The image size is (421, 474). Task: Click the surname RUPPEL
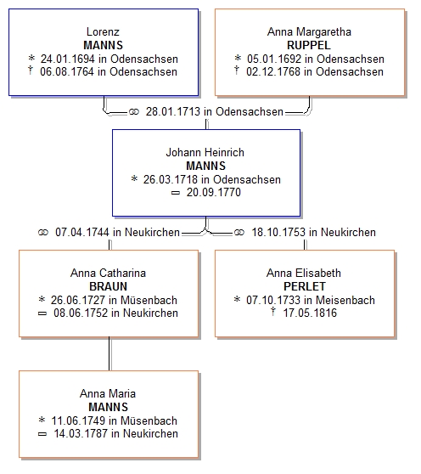click(x=309, y=45)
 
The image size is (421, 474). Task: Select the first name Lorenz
click(x=103, y=31)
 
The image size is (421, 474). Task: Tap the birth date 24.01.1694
click(x=68, y=59)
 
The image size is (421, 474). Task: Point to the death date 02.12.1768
click(x=273, y=71)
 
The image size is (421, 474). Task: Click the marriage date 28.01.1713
click(x=173, y=111)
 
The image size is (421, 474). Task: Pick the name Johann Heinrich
click(x=205, y=152)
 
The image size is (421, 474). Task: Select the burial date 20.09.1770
click(x=214, y=192)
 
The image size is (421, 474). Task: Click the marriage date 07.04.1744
click(x=82, y=232)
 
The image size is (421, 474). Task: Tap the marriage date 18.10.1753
click(x=278, y=232)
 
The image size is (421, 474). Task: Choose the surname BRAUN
click(x=108, y=286)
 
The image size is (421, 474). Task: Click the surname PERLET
click(x=305, y=286)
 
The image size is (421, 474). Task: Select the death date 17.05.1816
click(x=310, y=313)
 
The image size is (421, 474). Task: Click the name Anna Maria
click(x=108, y=393)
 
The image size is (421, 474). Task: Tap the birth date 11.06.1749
click(x=79, y=420)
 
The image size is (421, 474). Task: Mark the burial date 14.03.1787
click(x=81, y=433)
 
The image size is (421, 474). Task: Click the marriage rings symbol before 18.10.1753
click(x=239, y=233)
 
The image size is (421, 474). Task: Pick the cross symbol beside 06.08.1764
click(x=31, y=71)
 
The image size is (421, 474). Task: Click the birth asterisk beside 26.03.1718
click(x=134, y=178)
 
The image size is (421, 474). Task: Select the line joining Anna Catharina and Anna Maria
click(x=109, y=353)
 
